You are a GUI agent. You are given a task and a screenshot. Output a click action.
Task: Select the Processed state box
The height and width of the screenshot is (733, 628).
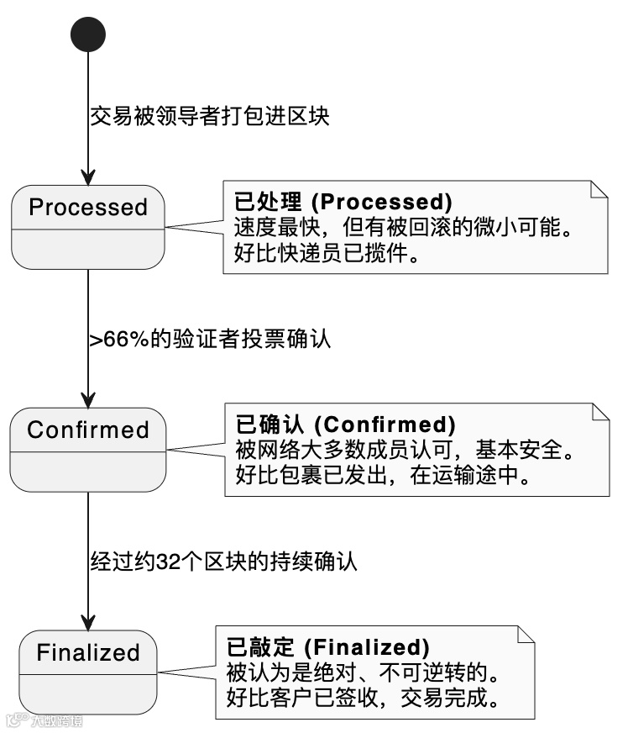click(x=88, y=226)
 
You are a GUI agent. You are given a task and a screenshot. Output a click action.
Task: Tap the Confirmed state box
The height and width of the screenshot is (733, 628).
click(x=88, y=449)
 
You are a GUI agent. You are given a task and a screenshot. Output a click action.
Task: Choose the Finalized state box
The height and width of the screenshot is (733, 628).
click(x=88, y=672)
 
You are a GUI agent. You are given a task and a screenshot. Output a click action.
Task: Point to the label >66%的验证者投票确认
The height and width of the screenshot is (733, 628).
click(x=211, y=340)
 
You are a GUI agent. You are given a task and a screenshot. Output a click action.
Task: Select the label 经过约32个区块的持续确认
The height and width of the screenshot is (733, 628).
click(x=224, y=562)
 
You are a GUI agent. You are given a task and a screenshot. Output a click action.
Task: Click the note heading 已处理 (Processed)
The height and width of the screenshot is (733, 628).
click(x=343, y=203)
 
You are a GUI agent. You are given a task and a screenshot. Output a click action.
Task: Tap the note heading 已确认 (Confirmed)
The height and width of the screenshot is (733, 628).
click(x=345, y=425)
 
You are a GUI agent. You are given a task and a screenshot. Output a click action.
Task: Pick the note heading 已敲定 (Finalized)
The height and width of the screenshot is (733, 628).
click(x=328, y=647)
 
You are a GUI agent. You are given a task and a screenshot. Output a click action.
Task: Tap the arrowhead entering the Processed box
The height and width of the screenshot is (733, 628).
click(x=88, y=177)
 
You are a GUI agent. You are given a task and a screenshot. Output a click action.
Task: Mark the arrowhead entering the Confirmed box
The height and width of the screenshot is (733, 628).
click(x=88, y=399)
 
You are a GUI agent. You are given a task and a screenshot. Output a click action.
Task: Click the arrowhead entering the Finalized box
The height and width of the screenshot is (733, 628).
click(x=88, y=622)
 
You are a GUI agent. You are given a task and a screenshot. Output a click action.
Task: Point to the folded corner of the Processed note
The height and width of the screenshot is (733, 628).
click(x=599, y=189)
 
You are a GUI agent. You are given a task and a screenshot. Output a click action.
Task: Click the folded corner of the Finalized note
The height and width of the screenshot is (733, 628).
click(x=526, y=634)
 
